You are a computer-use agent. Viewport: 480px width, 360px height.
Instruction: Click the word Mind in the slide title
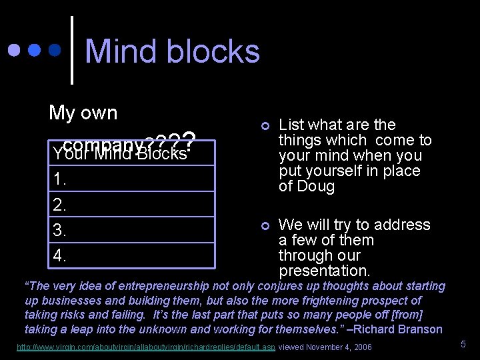click(121, 51)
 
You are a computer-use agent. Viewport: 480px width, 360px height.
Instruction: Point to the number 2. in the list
click(59, 205)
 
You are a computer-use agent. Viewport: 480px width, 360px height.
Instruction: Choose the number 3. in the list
click(59, 230)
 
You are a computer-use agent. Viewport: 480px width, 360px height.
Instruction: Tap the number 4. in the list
click(59, 255)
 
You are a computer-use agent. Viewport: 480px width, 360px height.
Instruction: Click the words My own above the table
click(83, 113)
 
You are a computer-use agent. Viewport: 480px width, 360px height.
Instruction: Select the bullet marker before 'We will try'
click(265, 226)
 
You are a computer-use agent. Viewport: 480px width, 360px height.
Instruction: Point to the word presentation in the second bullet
click(323, 271)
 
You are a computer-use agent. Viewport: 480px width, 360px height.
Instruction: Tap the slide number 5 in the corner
click(463, 345)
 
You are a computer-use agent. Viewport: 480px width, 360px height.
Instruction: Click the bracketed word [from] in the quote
click(407, 315)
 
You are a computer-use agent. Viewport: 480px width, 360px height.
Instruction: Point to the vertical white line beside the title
click(72, 50)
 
